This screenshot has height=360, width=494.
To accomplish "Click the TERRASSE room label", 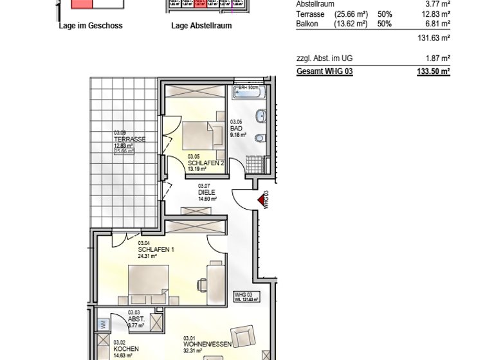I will (129, 139).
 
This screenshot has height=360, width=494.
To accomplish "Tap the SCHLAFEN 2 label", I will (206, 163).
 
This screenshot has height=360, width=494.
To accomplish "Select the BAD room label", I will (236, 128).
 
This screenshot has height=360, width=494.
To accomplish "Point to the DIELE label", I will (206, 192).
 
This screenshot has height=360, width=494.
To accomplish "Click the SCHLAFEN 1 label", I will (156, 249).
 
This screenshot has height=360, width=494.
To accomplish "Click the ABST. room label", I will (136, 319).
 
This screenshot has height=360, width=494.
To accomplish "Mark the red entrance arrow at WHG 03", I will (262, 201).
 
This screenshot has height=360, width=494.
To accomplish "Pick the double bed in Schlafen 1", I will (149, 283).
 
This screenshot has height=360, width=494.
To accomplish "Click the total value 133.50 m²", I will (434, 71).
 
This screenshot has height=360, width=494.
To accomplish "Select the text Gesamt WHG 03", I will (324, 71).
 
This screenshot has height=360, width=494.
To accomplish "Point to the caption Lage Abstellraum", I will (201, 26).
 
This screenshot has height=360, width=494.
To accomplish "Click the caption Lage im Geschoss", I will (90, 26).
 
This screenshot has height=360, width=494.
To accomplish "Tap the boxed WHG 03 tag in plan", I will (246, 296).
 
